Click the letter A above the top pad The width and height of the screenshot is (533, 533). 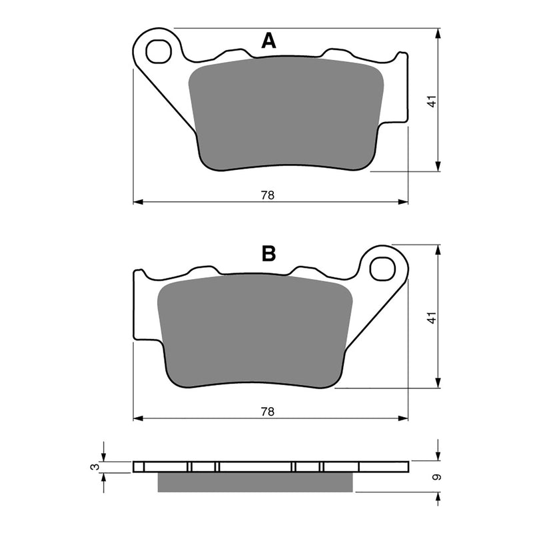pyautogui.click(x=268, y=42)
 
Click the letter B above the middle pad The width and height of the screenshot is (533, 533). pyautogui.click(x=268, y=254)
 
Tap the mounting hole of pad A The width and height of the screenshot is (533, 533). pyautogui.click(x=159, y=49)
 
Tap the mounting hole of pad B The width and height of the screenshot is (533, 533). pyautogui.click(x=382, y=268)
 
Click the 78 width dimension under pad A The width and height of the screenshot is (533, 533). pyautogui.click(x=268, y=195)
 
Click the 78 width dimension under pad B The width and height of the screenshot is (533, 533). pyautogui.click(x=268, y=412)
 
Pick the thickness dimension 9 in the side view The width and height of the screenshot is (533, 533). pyautogui.click(x=436, y=477)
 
